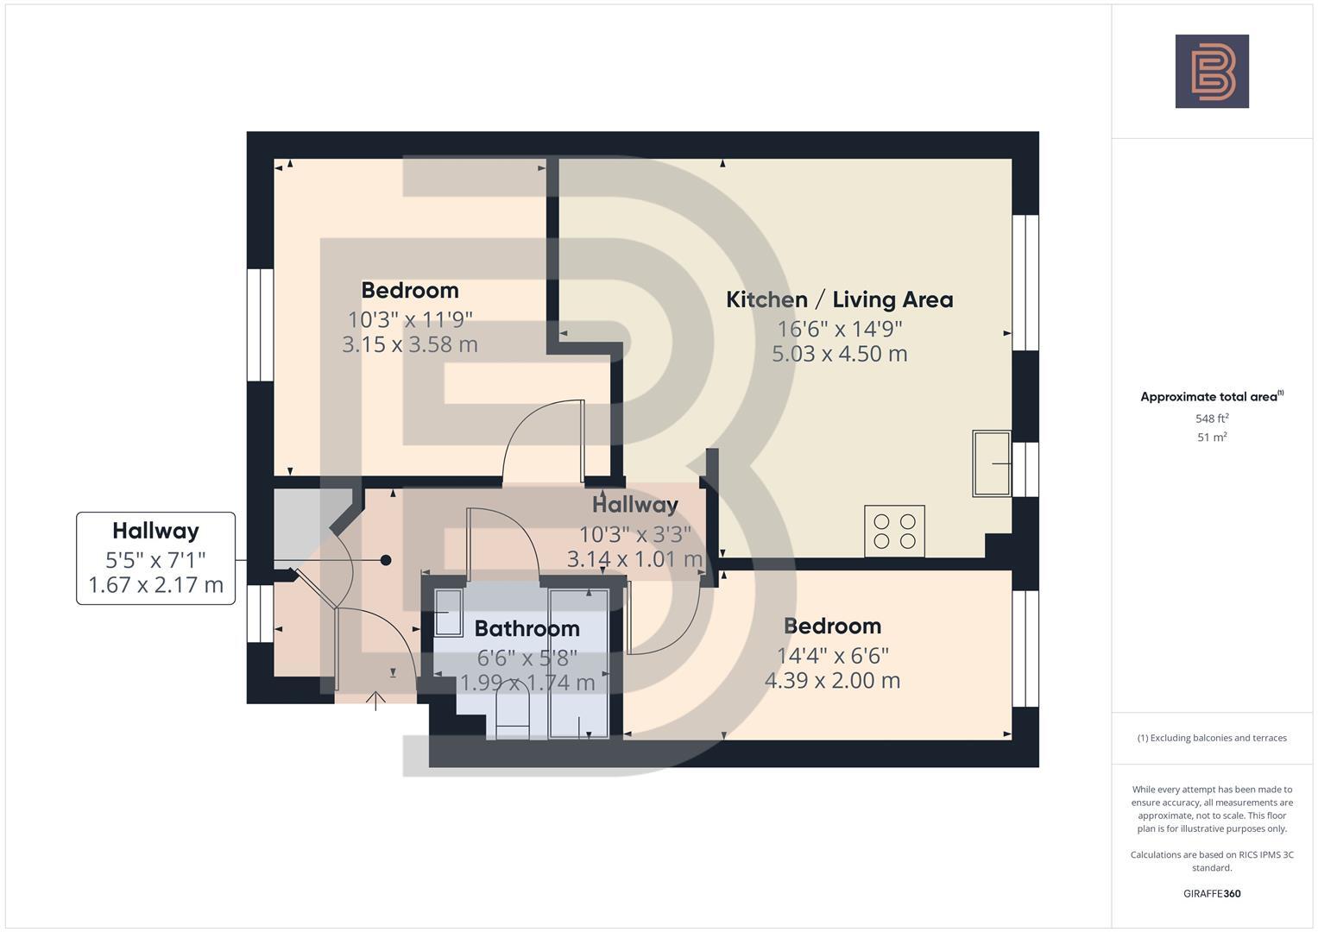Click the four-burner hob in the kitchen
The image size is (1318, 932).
[x=894, y=531]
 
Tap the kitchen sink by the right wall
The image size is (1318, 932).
[x=992, y=463]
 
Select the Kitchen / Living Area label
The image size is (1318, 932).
[x=839, y=299]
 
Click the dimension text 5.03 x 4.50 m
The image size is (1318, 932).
[x=839, y=354]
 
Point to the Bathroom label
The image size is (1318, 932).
[x=527, y=628]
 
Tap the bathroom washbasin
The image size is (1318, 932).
[x=447, y=612]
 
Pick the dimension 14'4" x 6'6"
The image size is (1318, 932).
[x=832, y=656]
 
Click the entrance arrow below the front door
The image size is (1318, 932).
[x=375, y=701]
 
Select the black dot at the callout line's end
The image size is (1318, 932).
[x=386, y=560]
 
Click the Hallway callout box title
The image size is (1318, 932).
[x=155, y=531]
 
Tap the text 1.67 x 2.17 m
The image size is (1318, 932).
[x=155, y=585]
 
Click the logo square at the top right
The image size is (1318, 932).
[x=1211, y=72]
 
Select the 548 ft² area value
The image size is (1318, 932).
[x=1212, y=419]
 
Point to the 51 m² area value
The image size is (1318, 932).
[x=1212, y=438]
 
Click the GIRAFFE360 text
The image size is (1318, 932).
[x=1212, y=893]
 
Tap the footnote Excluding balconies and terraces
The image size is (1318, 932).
[x=1212, y=738]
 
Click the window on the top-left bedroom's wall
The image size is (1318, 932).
[x=260, y=324]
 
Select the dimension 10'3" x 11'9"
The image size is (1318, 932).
[x=410, y=319]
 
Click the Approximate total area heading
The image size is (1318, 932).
[x=1211, y=397]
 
